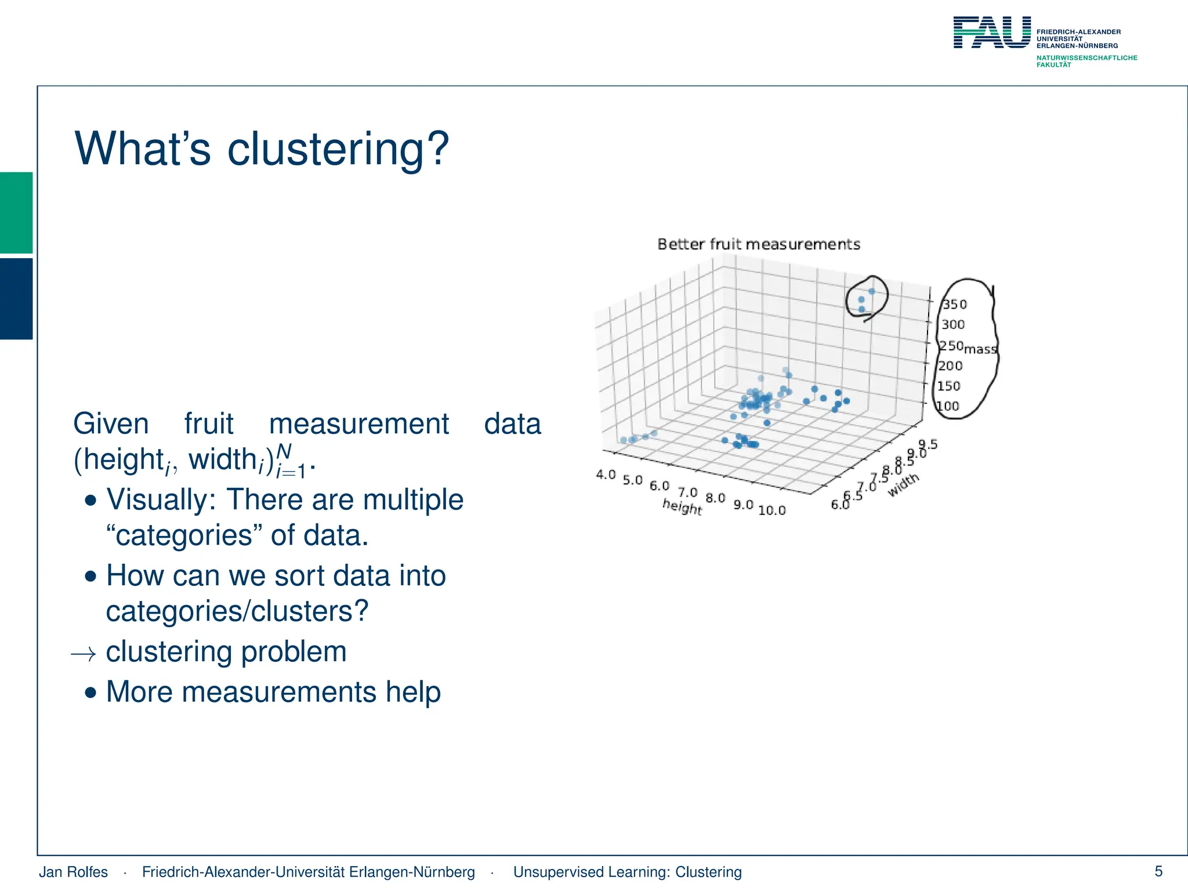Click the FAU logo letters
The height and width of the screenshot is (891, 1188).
pos(992,32)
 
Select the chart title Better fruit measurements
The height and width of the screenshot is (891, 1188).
pos(759,244)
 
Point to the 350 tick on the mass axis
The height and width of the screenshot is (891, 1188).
pos(954,305)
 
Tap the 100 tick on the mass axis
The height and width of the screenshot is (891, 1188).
pos(948,406)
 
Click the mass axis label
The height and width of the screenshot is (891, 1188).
pos(980,349)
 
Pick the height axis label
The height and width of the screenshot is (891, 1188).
pos(682,507)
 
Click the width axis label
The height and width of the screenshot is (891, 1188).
pos(903,484)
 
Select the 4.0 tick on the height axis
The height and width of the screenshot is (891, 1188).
pos(606,475)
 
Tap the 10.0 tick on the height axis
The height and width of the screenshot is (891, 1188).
pos(772,510)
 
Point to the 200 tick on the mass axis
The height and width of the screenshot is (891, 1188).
pos(950,365)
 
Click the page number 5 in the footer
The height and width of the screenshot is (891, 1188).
pos(1158,871)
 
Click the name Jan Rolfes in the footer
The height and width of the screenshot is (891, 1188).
pos(73,872)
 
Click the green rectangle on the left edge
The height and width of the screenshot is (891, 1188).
pos(16,212)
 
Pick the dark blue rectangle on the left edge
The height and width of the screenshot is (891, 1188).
pos(16,298)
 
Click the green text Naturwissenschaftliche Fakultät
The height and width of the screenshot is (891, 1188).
pos(1086,61)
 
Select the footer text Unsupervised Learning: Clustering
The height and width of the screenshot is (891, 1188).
pos(627,872)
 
